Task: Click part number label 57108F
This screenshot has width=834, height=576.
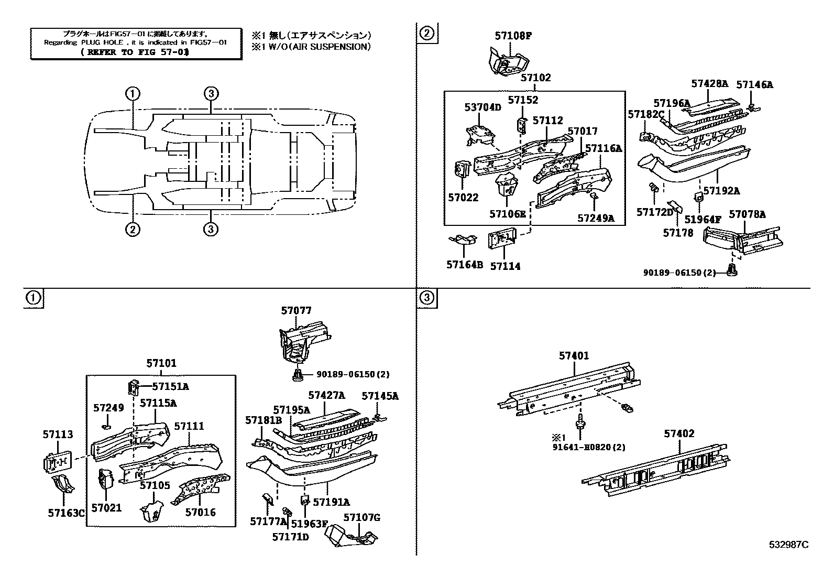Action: pyautogui.click(x=513, y=36)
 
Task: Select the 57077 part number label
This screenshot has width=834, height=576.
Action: pyautogui.click(x=296, y=311)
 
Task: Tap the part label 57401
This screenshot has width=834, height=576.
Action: pyautogui.click(x=574, y=356)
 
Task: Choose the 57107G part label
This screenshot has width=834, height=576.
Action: pyautogui.click(x=362, y=518)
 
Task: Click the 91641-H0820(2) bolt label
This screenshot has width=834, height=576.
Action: pyautogui.click(x=589, y=448)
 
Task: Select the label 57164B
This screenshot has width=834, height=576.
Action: pyautogui.click(x=465, y=265)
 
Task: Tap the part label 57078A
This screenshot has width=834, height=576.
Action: pyautogui.click(x=747, y=214)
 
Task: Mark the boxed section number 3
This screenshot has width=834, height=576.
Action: pyautogui.click(x=427, y=298)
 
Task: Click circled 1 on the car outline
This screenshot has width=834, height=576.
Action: pyautogui.click(x=133, y=94)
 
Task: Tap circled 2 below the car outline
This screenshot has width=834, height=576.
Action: pyautogui.click(x=133, y=229)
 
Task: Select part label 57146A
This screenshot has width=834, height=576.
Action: pyautogui.click(x=754, y=84)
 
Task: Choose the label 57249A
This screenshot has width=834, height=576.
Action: pyautogui.click(x=596, y=218)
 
